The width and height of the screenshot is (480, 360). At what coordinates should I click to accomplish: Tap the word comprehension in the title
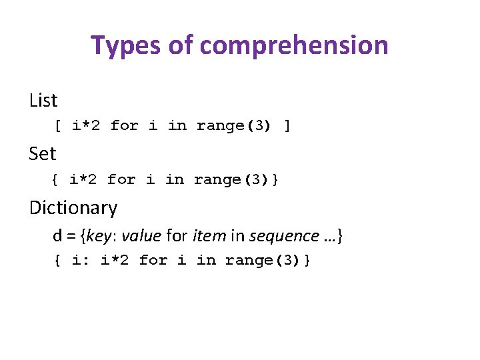point(293,45)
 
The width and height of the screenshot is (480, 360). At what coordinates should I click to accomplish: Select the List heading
point(43,101)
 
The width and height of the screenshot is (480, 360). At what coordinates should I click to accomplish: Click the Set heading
point(43,154)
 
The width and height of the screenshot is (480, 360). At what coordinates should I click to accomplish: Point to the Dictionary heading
point(73,208)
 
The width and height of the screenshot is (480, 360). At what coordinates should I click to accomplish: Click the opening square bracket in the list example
point(58,125)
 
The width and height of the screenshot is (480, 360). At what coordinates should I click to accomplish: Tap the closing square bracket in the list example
point(287,125)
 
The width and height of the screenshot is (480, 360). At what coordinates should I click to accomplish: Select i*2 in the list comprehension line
point(87,125)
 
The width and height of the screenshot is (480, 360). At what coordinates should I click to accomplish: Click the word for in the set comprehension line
point(121,179)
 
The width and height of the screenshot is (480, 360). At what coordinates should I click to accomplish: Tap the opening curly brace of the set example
point(55,179)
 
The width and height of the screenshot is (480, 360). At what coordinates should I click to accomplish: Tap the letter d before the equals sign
point(57,236)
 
